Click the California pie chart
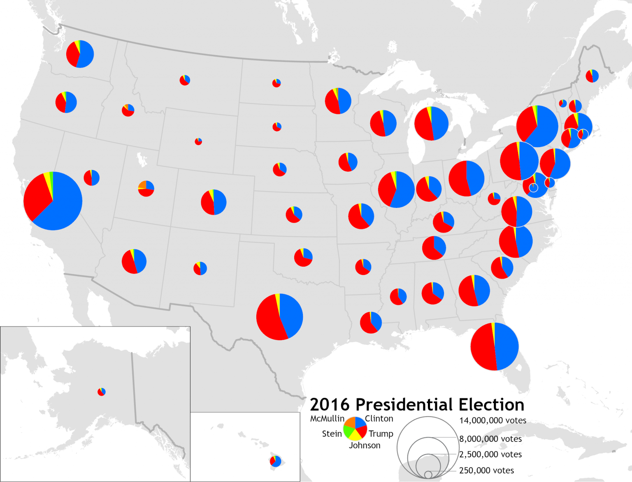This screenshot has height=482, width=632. click(53, 201)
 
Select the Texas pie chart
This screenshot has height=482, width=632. click(279, 317)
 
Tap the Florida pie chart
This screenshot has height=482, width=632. click(494, 346)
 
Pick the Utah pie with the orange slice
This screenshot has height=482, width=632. click(146, 189)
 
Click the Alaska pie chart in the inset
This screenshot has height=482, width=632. click(102, 392)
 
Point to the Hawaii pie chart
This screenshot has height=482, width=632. click(275, 461)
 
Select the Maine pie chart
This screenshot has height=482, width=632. click(592, 76)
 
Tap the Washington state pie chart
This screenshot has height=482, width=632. click(80, 54)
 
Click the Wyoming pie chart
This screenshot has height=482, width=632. click(198, 141)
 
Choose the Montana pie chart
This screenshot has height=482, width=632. click(185, 80)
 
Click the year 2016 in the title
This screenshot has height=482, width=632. click(330, 405)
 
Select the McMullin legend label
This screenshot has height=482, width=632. click(327, 419)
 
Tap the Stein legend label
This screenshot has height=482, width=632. click(332, 434)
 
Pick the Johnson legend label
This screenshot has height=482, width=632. click(365, 445)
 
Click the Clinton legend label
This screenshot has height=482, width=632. click(379, 419)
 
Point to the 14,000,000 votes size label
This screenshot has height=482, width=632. click(493, 420)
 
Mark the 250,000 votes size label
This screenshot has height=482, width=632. click(486, 470)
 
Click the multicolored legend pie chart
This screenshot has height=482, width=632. click(355, 429)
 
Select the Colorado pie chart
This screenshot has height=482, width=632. click(214, 202)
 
